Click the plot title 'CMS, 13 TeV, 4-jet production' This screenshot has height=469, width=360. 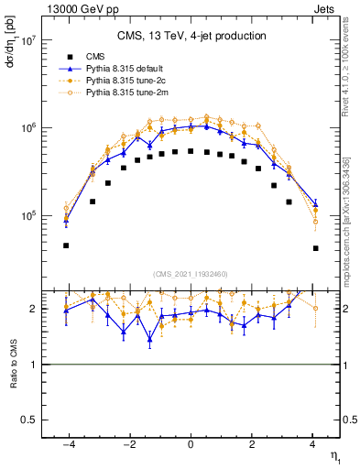pos(191,37)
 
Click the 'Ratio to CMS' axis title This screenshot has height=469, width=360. pos(14,370)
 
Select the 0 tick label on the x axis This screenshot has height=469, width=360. pos(191,445)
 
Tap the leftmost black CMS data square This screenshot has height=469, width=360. pos(66,245)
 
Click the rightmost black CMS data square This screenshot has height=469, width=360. pos(315,248)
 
